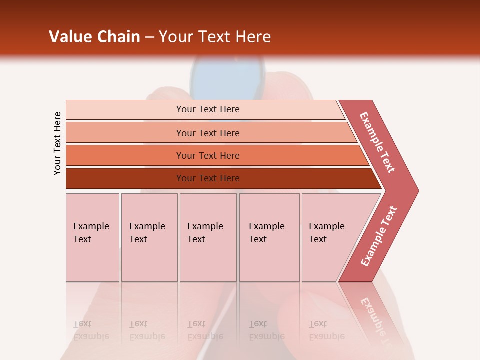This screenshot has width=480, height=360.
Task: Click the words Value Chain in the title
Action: pyautogui.click(x=94, y=37)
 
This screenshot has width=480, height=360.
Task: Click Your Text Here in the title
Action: pyautogui.click(x=215, y=37)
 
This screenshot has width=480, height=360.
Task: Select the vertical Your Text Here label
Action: pyautogui.click(x=57, y=143)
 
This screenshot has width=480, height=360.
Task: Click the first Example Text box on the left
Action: pyautogui.click(x=92, y=237)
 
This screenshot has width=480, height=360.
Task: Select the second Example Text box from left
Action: pyautogui.click(x=149, y=237)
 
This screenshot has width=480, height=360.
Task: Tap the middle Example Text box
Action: pyautogui.click(x=208, y=237)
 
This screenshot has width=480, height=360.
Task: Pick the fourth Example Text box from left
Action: pyautogui.click(x=269, y=237)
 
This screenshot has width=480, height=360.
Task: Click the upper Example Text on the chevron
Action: pyautogui.click(x=377, y=142)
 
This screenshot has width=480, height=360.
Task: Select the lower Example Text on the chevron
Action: pyautogui.click(x=379, y=236)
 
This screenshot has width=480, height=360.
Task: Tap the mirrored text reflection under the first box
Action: pyautogui.click(x=91, y=330)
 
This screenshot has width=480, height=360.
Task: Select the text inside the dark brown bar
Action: pyautogui.click(x=208, y=178)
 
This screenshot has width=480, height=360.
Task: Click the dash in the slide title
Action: pyautogui.click(x=149, y=37)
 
